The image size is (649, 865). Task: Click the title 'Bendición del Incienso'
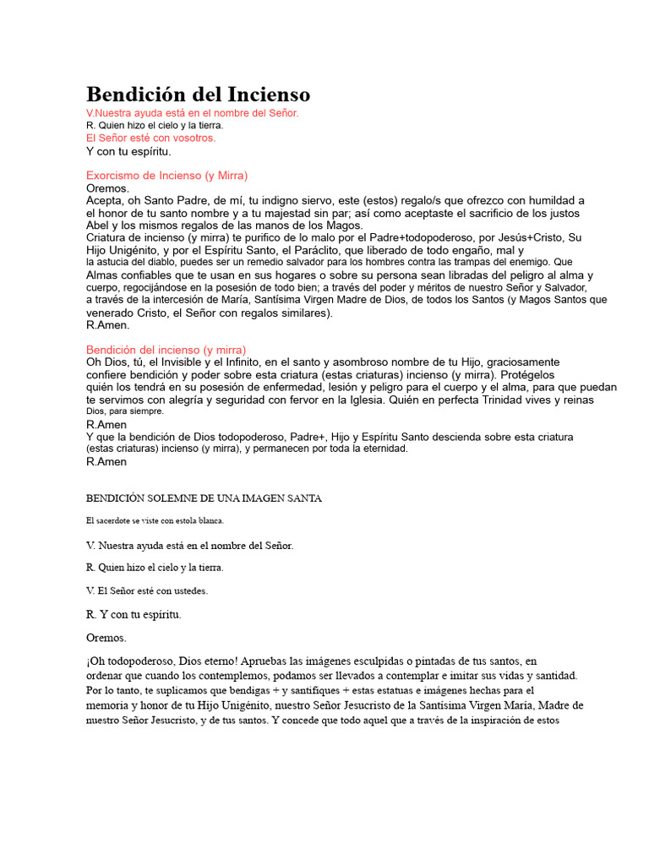click(198, 95)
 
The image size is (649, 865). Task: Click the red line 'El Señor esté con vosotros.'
click(151, 138)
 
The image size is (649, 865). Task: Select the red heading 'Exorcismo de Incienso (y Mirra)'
click(167, 175)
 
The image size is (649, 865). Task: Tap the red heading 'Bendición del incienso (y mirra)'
click(166, 350)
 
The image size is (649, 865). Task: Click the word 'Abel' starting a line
click(98, 226)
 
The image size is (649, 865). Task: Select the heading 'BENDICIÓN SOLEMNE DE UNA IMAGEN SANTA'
click(204, 498)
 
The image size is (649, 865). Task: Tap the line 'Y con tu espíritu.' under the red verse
click(128, 151)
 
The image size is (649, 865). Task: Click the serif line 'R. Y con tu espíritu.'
click(134, 614)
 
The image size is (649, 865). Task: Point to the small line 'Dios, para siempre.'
click(125, 411)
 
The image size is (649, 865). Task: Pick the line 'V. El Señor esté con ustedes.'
click(147, 590)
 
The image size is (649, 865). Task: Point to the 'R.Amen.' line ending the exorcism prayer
click(108, 325)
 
